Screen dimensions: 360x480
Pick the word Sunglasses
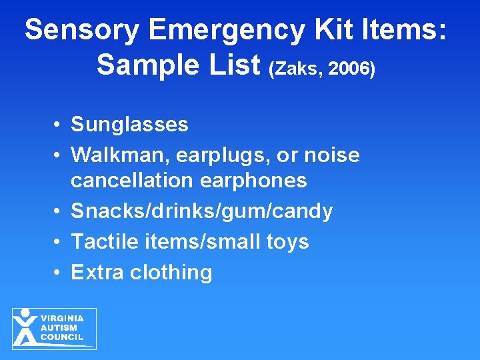(130, 125)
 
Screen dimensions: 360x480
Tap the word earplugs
(212, 155)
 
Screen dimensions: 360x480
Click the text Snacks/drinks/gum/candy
(201, 211)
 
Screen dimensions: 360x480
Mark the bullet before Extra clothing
(59, 273)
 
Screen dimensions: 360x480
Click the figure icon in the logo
(25, 327)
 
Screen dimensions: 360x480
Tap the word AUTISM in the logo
(59, 328)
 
